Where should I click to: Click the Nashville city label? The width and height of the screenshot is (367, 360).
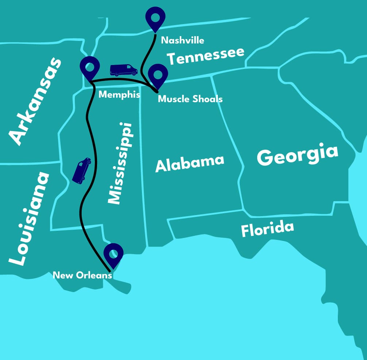coord(182,40)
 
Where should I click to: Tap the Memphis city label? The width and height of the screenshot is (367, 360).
coord(120,95)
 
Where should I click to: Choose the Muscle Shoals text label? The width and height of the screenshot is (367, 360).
coord(190,99)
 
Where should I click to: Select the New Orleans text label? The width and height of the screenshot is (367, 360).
coord(82,275)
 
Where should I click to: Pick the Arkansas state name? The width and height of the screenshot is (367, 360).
coord(36,101)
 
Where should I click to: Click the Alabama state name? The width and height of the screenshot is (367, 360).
coord(189,163)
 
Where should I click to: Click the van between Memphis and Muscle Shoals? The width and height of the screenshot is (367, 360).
coord(124,70)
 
